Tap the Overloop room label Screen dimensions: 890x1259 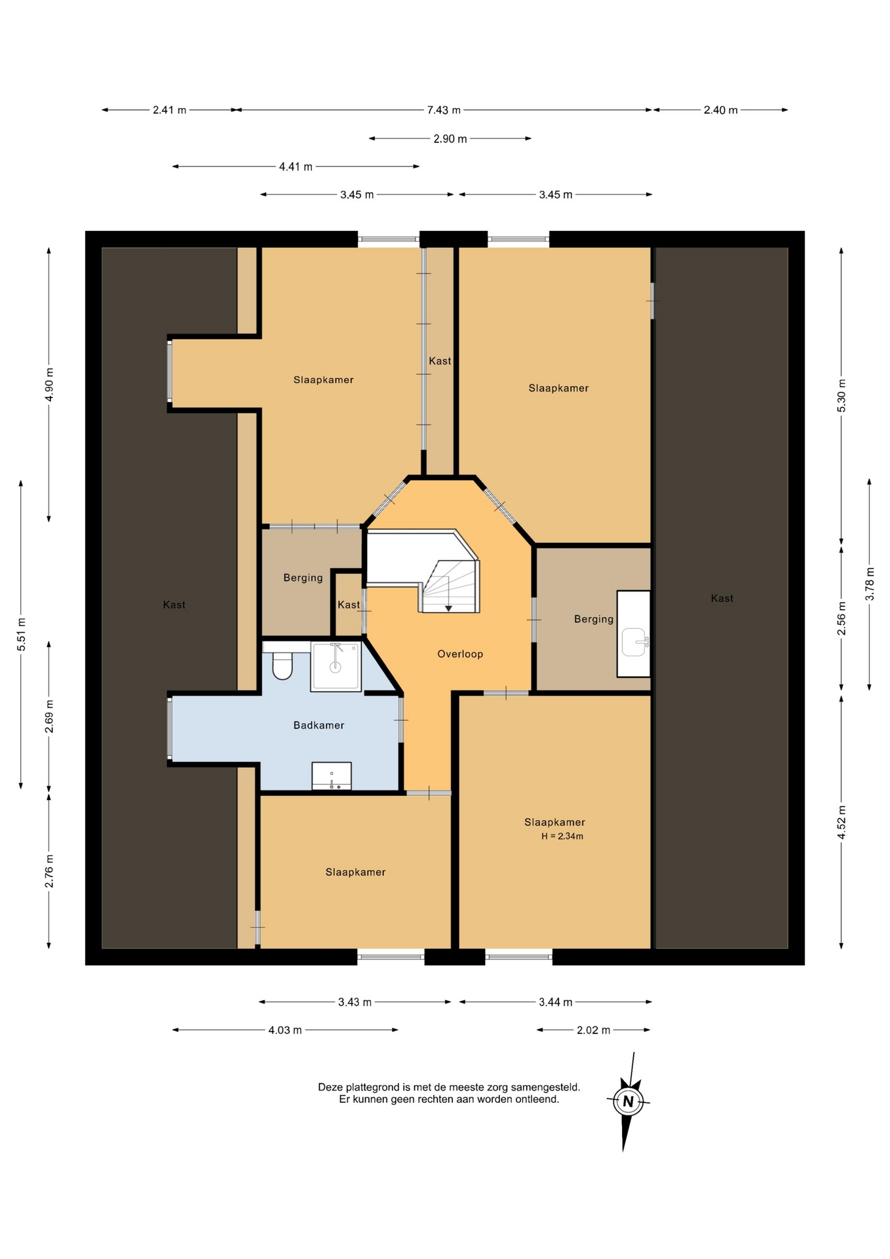pos(460,654)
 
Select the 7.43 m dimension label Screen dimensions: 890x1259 pos(444,110)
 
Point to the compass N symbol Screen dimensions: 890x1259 pos(628,1102)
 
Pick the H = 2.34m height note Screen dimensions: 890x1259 pos(562,836)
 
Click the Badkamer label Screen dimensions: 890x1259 pos(319,725)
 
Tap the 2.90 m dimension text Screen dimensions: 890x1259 pos(450,139)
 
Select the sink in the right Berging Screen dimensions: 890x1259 pos(634,642)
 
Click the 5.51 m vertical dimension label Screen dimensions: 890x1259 pos(22,634)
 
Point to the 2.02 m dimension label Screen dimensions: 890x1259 pos(593,1030)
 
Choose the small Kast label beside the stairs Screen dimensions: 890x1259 pos(349,605)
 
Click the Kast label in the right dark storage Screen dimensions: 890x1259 pos(722,598)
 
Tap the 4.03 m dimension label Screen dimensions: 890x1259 pos(285,1030)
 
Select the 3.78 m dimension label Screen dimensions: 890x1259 pos(870,584)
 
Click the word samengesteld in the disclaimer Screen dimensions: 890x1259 pos(549,1087)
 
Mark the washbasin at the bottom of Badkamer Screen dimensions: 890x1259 pos(332,776)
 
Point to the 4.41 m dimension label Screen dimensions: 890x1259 pos(296,167)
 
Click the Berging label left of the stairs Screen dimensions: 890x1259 pos(303,578)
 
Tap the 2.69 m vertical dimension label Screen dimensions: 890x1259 pos(49,717)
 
